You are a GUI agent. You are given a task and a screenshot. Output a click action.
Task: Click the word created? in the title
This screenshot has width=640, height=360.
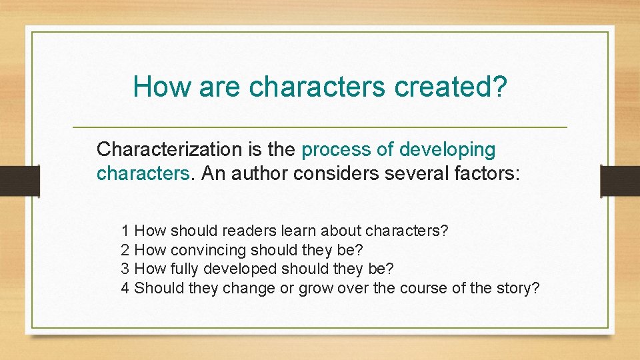[x=451, y=86]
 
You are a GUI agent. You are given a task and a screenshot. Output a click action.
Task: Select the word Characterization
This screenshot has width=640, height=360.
[x=169, y=149]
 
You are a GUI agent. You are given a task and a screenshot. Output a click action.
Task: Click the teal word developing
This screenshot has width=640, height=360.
[x=447, y=150]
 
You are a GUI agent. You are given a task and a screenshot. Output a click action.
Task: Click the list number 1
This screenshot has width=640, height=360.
[x=125, y=231]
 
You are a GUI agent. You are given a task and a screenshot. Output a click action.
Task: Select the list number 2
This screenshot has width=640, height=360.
[x=125, y=250]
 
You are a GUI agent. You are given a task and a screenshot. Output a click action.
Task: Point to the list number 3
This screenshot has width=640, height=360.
[x=125, y=269]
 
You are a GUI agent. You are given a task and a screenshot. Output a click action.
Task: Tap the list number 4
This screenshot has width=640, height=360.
[x=125, y=288]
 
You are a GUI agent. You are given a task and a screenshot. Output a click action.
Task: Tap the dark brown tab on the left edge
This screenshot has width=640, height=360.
[x=20, y=181]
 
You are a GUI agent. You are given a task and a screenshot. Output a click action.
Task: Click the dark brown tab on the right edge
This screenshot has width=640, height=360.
[x=620, y=181]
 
